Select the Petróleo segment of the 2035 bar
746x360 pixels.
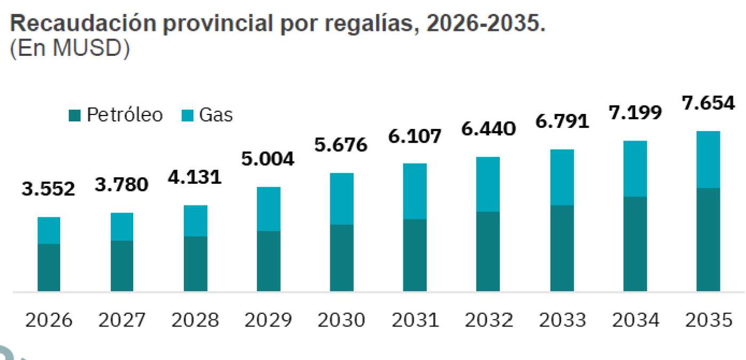pyautogui.click(x=708, y=240)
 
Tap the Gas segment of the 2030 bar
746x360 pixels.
pyautogui.click(x=342, y=199)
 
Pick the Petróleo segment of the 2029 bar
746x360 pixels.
pyautogui.click(x=269, y=261)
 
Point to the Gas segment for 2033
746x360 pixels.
pyautogui.click(x=562, y=177)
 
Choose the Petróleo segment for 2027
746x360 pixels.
pyautogui.click(x=122, y=266)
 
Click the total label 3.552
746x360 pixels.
pyautogui.click(x=48, y=189)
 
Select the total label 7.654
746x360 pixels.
pyautogui.click(x=708, y=103)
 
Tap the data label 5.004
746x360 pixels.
pyautogui.click(x=268, y=159)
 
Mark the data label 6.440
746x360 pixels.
pyautogui.click(x=489, y=129)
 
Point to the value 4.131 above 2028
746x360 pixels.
pyautogui.click(x=195, y=177)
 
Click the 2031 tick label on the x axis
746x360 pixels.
pyautogui.click(x=415, y=321)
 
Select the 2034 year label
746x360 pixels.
pyautogui.click(x=635, y=321)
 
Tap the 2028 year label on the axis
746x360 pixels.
pyautogui.click(x=195, y=321)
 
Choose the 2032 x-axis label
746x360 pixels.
pyautogui.click(x=489, y=321)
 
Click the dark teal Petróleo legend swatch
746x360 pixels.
pyautogui.click(x=75, y=115)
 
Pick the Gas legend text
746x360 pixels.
pyautogui.click(x=216, y=115)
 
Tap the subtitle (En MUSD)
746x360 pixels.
pyautogui.click(x=70, y=48)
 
